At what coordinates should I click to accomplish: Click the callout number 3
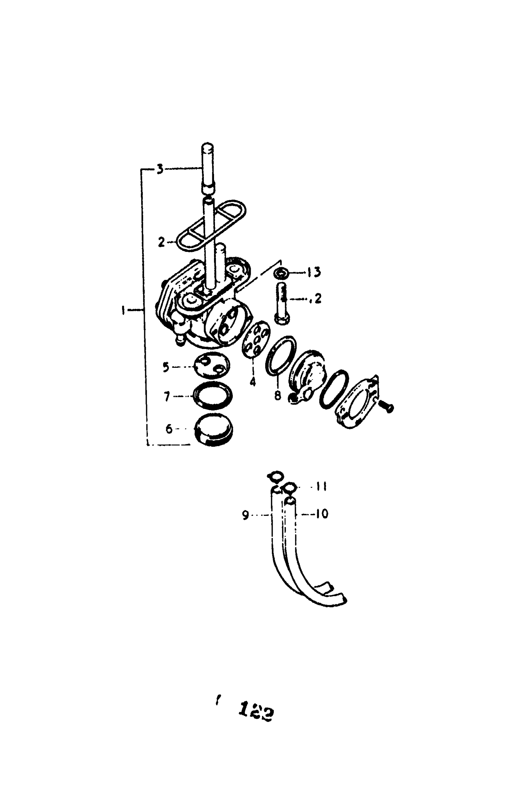coord(160,169)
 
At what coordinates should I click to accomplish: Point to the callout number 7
coord(167,397)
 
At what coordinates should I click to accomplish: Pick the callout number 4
coord(253,382)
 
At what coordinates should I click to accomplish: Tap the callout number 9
coord(246,515)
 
